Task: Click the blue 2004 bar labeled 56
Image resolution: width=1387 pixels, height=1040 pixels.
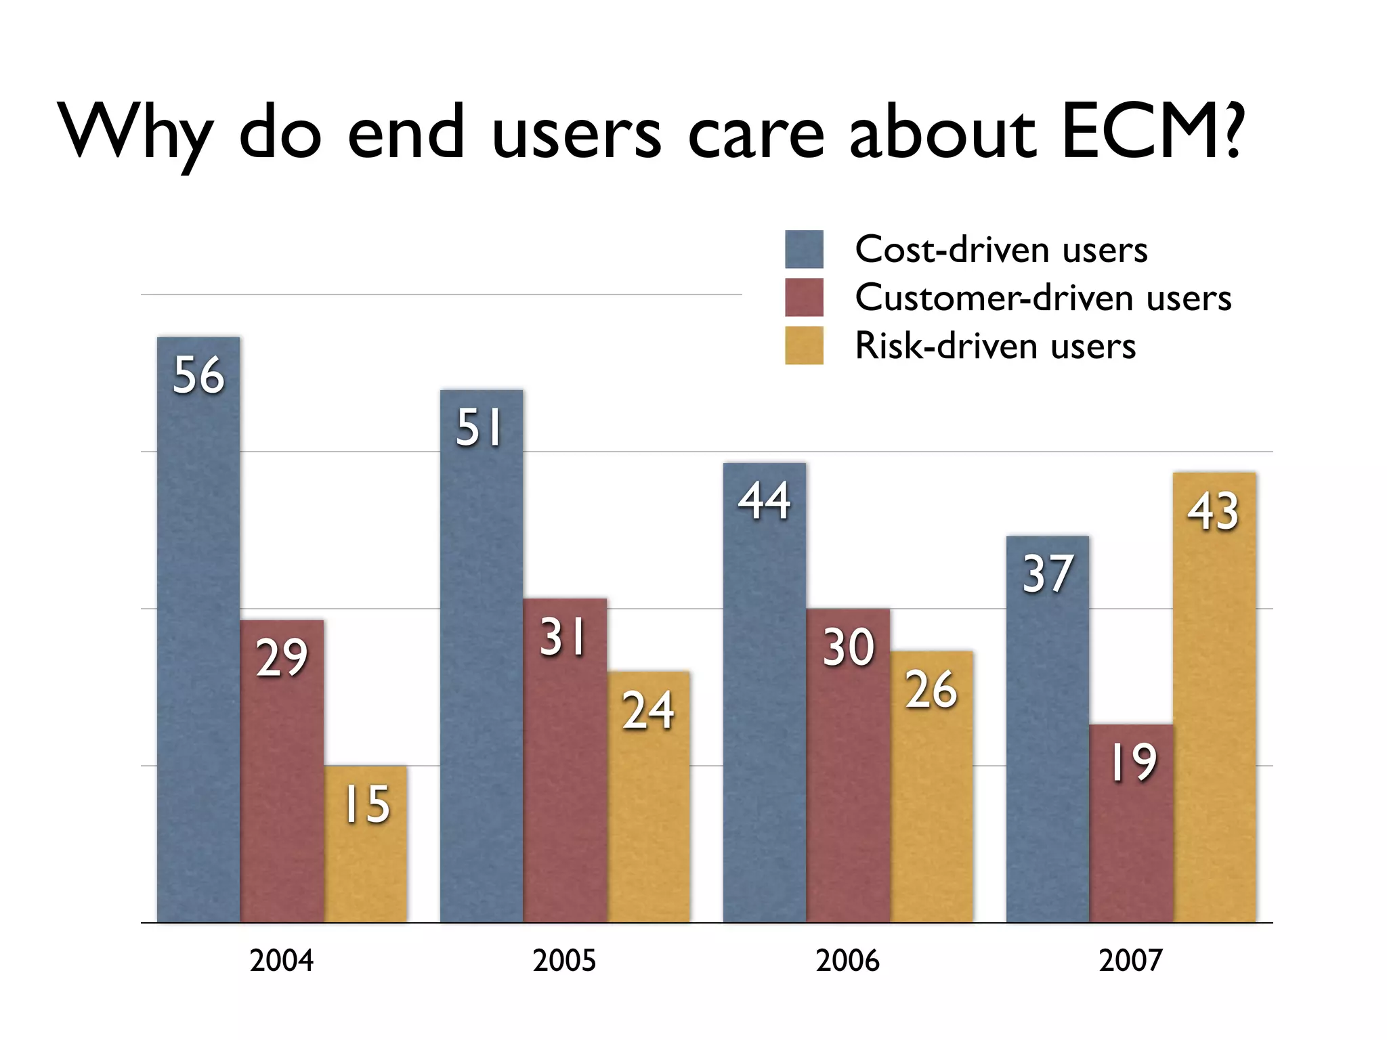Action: (x=198, y=630)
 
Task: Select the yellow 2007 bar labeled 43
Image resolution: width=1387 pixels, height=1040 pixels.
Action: (x=1214, y=697)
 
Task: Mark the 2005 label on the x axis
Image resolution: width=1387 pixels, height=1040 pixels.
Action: (x=564, y=961)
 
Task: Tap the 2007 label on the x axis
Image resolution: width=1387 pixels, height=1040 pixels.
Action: (x=1130, y=961)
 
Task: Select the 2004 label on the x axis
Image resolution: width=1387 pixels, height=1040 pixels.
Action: (x=281, y=961)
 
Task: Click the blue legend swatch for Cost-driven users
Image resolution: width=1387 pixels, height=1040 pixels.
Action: (x=804, y=249)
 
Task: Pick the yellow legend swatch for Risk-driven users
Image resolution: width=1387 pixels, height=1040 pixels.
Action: (x=804, y=345)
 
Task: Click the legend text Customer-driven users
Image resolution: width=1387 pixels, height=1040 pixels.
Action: (x=1043, y=298)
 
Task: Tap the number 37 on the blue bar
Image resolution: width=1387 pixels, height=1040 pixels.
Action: (x=1048, y=574)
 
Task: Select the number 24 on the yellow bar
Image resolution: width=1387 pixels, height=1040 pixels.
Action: (x=648, y=710)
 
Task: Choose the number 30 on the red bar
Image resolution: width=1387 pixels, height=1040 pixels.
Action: (x=848, y=647)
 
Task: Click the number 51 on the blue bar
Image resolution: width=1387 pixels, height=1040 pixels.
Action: (x=479, y=428)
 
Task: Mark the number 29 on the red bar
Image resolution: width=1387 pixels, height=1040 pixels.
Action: (x=282, y=657)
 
